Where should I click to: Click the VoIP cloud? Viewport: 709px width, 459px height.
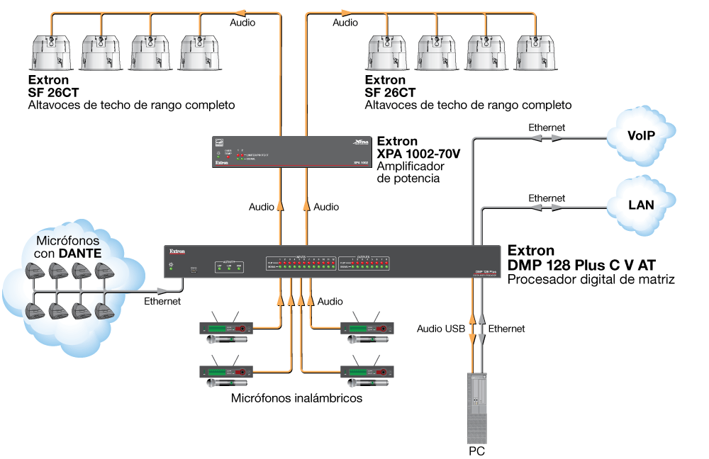tap(640, 136)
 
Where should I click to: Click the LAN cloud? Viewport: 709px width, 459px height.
tap(640, 205)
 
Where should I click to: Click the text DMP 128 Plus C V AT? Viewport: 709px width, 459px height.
tap(581, 265)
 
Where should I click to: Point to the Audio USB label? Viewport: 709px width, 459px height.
tap(441, 329)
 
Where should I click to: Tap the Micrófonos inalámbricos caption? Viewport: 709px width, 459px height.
tap(296, 398)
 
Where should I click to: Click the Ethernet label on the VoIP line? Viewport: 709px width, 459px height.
tap(547, 127)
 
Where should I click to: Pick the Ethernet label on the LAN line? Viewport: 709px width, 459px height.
tap(547, 198)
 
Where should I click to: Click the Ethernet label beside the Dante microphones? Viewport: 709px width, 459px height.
tap(162, 301)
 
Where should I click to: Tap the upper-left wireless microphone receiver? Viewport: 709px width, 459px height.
tap(226, 329)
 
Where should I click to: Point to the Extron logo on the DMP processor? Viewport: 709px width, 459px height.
tap(177, 251)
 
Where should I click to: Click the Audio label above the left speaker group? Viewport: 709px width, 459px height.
tap(242, 23)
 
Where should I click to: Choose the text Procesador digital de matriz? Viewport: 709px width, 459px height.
tap(590, 280)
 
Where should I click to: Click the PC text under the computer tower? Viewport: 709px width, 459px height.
tap(476, 450)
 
